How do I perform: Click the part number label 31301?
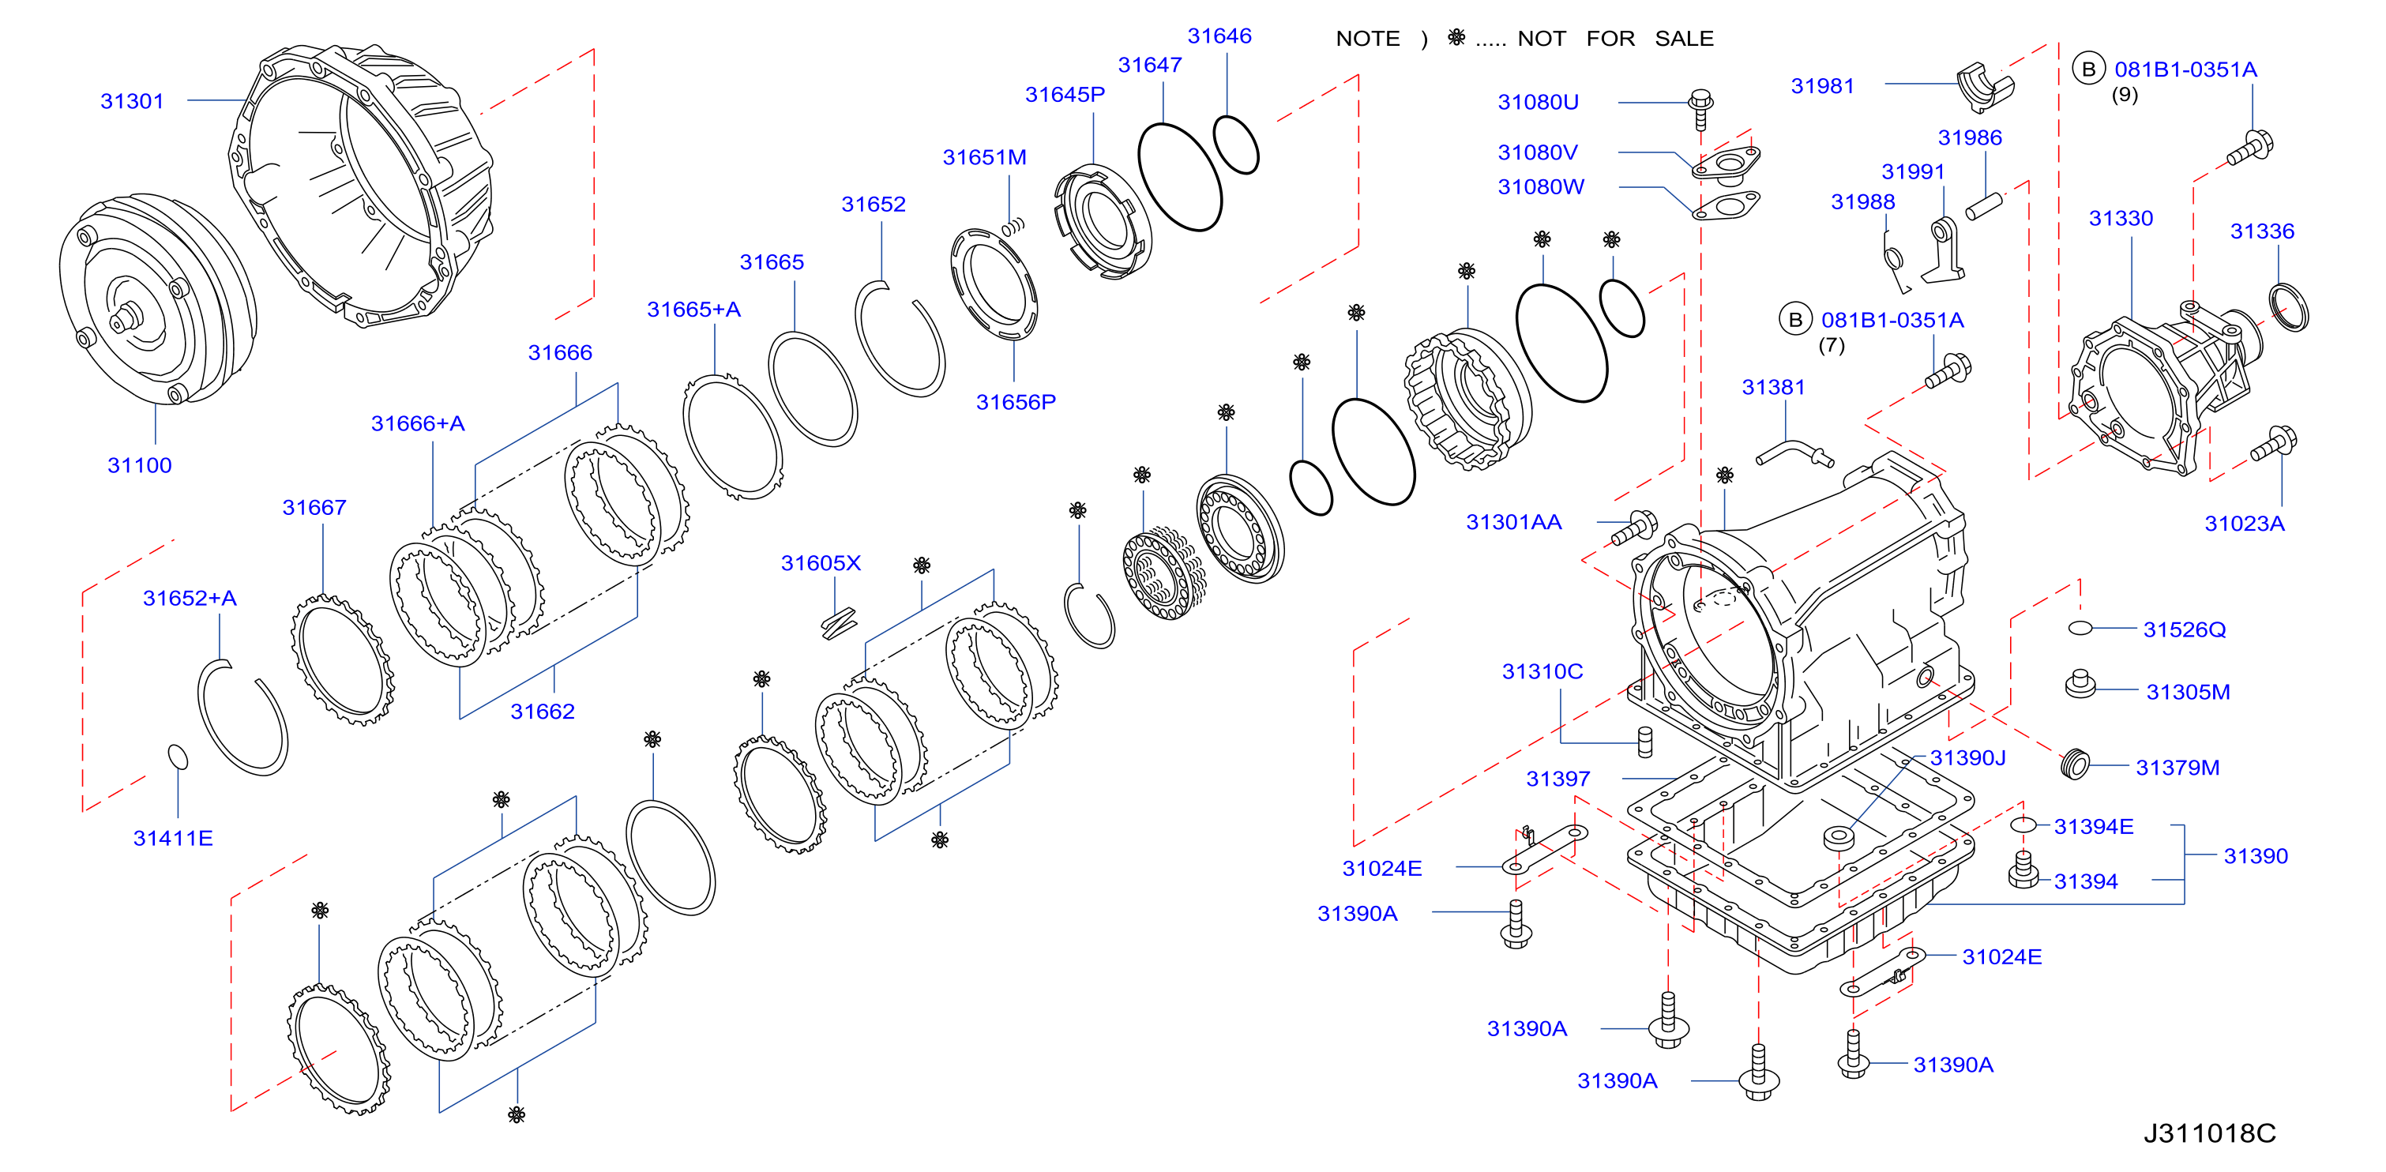click(x=132, y=101)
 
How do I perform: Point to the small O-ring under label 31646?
click(x=1235, y=145)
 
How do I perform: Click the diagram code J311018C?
click(x=2209, y=1133)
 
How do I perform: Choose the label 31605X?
click(x=821, y=563)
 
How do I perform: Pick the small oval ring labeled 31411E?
click(x=178, y=757)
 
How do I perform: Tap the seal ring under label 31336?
click(x=2289, y=307)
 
